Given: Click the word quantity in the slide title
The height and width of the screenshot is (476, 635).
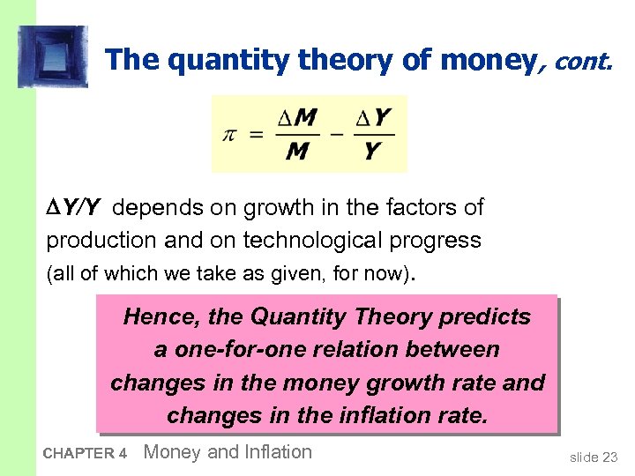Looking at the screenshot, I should pyautogui.click(x=215, y=60).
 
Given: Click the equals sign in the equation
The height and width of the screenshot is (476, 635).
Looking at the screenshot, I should pyautogui.click(x=257, y=135).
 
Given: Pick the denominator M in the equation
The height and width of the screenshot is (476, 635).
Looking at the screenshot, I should pyautogui.click(x=298, y=152).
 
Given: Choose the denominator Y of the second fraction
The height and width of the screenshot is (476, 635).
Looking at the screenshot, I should pyautogui.click(x=373, y=152).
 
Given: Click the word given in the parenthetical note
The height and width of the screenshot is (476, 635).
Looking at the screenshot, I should pyautogui.click(x=294, y=274).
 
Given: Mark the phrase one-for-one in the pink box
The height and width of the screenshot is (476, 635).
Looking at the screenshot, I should pyautogui.click(x=228, y=350).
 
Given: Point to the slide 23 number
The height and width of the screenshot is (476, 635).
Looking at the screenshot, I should pyautogui.click(x=594, y=457).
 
